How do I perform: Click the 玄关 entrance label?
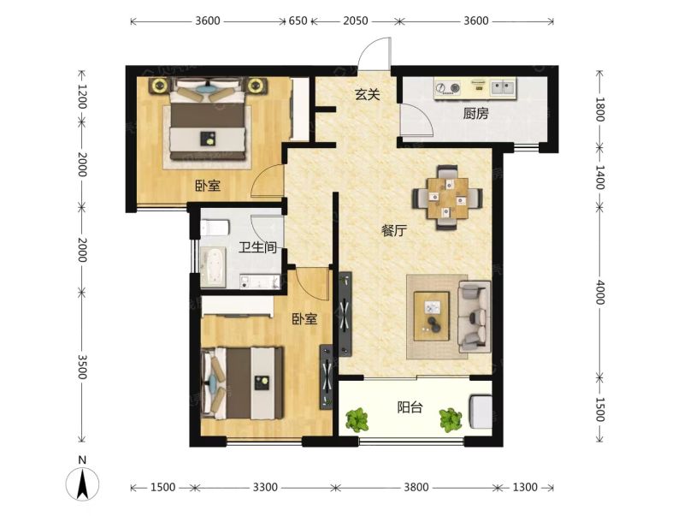coord(368,94)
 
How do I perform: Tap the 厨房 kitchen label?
coord(475,114)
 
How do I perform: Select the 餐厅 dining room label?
coord(394,230)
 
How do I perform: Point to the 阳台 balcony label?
coord(410,407)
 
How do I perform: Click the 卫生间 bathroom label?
coord(258,247)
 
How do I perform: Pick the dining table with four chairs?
coord(447,198)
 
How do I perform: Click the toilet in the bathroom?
coord(215,228)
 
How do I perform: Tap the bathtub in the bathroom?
coord(213,267)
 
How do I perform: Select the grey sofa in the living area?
coord(475,317)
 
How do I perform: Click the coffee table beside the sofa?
coord(432,316)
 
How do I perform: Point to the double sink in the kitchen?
coord(503,87)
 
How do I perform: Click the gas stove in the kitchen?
coord(447,87)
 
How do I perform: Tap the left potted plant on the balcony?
coord(357,419)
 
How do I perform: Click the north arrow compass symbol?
coord(82,483)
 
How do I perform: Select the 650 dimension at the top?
coord(298,21)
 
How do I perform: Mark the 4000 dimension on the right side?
coord(600,293)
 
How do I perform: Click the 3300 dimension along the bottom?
coord(265,487)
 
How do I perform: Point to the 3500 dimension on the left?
coord(81,367)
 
